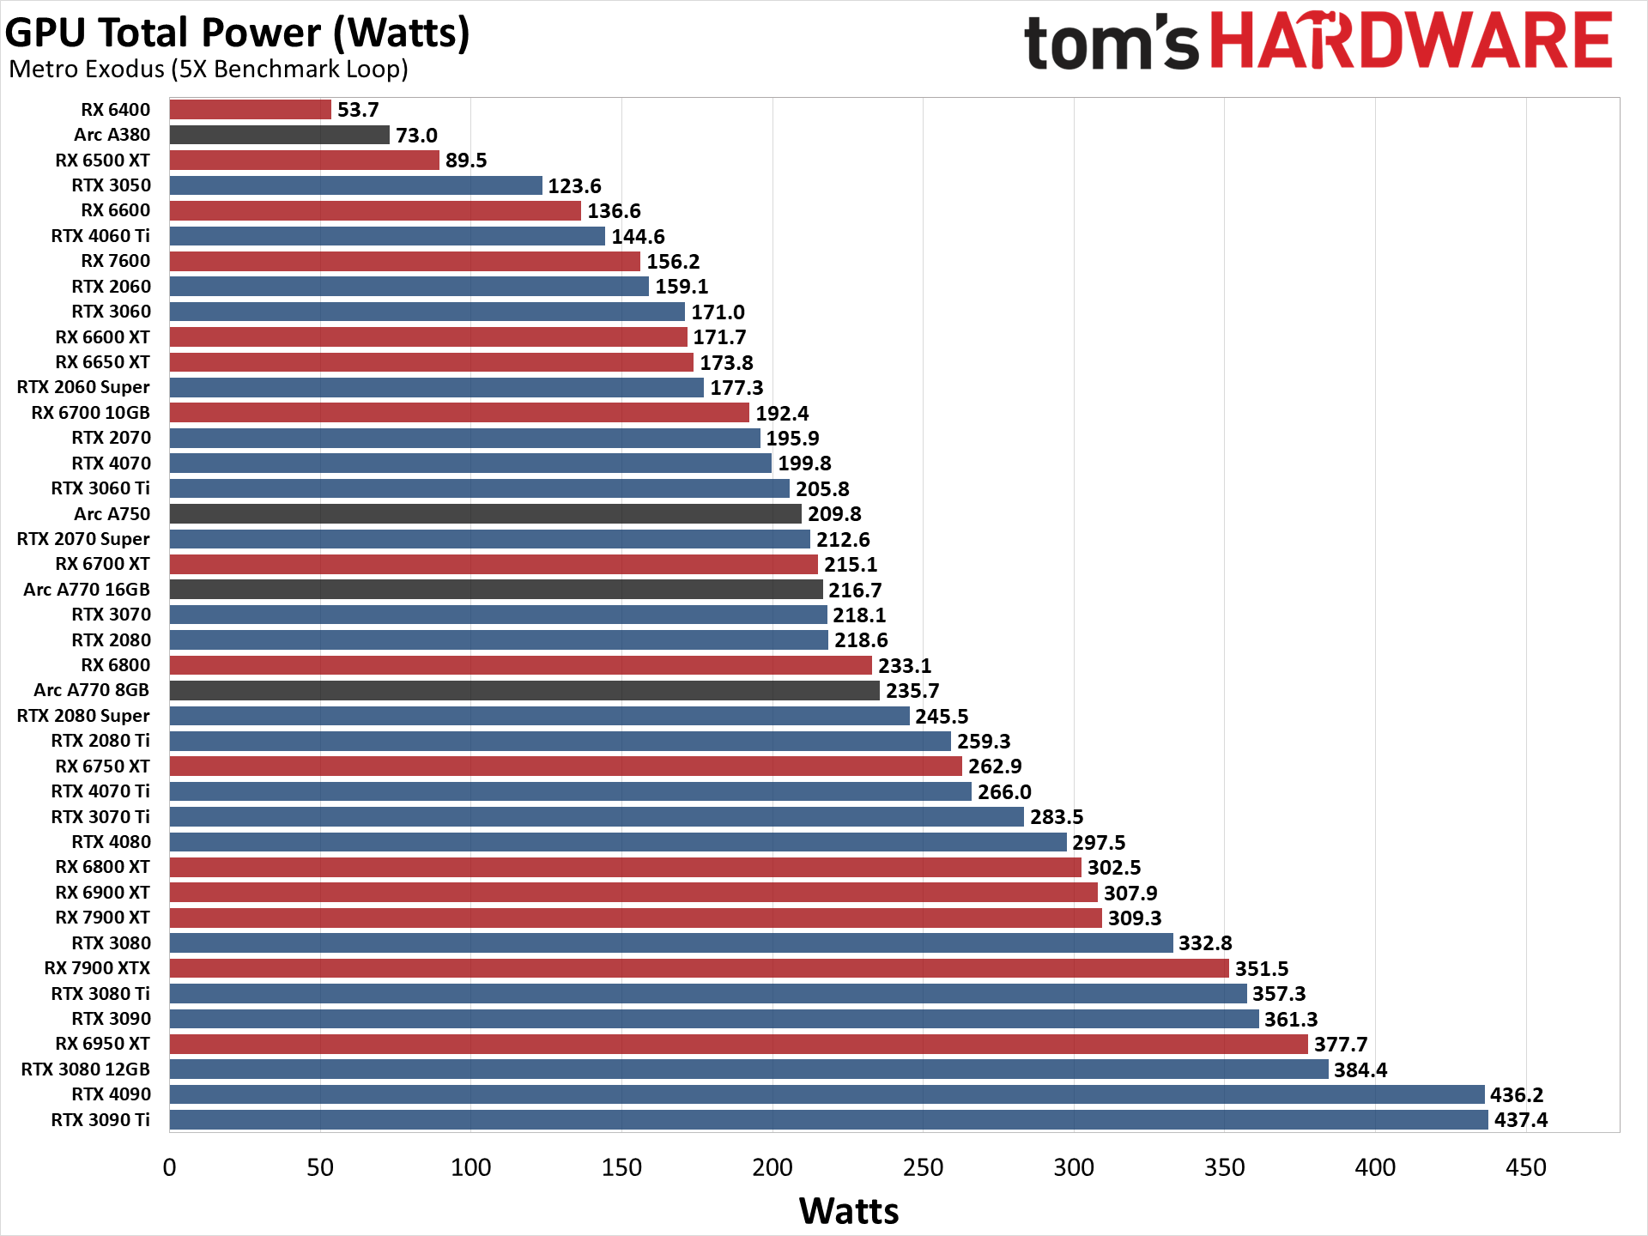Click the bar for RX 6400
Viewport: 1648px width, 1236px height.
click(x=250, y=110)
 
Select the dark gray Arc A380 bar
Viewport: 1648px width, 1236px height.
click(x=279, y=135)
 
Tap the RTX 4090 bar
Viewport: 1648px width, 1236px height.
click(x=826, y=1094)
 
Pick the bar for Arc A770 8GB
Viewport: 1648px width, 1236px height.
click(x=524, y=690)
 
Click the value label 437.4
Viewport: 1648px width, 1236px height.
click(x=1521, y=1120)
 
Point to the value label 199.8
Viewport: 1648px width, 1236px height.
click(x=804, y=463)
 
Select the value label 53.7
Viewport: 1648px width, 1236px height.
click(x=358, y=110)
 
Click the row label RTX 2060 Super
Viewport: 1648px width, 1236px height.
click(x=83, y=387)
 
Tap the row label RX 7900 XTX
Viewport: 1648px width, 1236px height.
click(x=97, y=968)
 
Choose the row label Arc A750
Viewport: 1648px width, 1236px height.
click(x=112, y=514)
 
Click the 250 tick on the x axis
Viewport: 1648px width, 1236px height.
click(x=923, y=1167)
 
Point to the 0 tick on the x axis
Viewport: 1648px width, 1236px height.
click(x=169, y=1167)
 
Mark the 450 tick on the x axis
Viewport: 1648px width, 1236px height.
click(x=1525, y=1167)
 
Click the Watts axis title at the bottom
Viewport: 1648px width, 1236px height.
click(x=849, y=1211)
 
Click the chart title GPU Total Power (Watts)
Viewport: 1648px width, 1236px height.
click(x=237, y=33)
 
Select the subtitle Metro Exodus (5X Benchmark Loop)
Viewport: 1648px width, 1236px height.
click(x=208, y=69)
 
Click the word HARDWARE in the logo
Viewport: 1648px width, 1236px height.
click(x=1411, y=41)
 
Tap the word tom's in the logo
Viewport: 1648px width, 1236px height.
click(x=1111, y=43)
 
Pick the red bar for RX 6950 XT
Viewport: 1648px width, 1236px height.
click(x=738, y=1044)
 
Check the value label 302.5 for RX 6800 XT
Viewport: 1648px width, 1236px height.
click(x=1114, y=868)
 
